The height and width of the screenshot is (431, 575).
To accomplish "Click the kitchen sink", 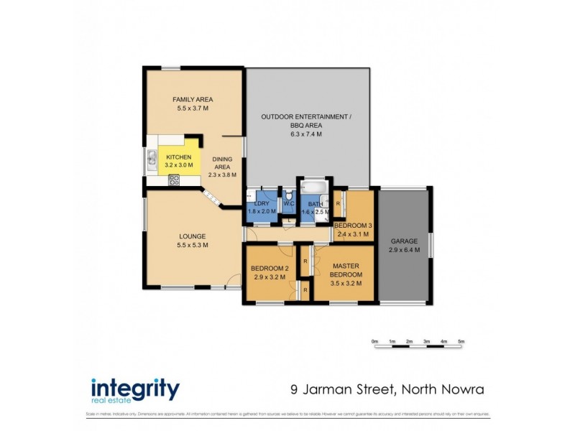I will click(152, 158).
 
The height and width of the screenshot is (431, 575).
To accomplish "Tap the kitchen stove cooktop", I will click(173, 180).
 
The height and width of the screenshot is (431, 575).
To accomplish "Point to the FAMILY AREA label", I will click(192, 99).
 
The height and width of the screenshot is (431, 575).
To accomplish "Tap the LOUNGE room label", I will click(192, 236).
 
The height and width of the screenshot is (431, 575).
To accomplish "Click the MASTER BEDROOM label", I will click(346, 269).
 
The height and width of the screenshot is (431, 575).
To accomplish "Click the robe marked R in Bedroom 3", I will click(338, 204).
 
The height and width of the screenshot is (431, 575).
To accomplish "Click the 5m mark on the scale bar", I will click(461, 341).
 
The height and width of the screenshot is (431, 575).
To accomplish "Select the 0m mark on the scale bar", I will click(374, 341).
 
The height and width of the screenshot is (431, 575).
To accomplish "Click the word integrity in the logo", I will click(134, 389).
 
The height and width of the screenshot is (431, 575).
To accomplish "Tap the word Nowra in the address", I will click(459, 389).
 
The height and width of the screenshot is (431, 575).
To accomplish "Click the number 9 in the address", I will click(293, 389).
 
